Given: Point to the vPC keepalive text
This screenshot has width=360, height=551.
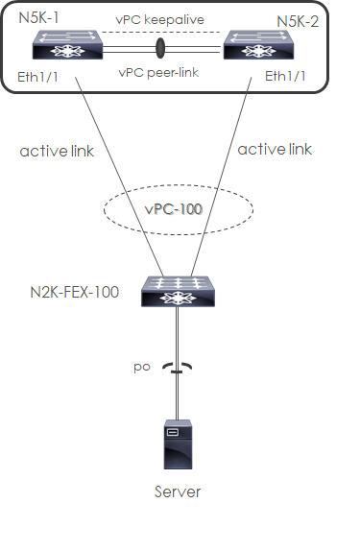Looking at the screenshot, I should [x=160, y=19].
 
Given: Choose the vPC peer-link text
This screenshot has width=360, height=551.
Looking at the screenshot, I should [x=159, y=71].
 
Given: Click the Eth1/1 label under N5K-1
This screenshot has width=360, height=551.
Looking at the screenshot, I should [x=38, y=76].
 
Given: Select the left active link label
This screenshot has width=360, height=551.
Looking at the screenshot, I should [x=54, y=151].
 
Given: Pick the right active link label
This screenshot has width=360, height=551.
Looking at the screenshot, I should [x=275, y=150].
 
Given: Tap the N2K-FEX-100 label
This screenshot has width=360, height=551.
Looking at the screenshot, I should [x=75, y=291].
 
